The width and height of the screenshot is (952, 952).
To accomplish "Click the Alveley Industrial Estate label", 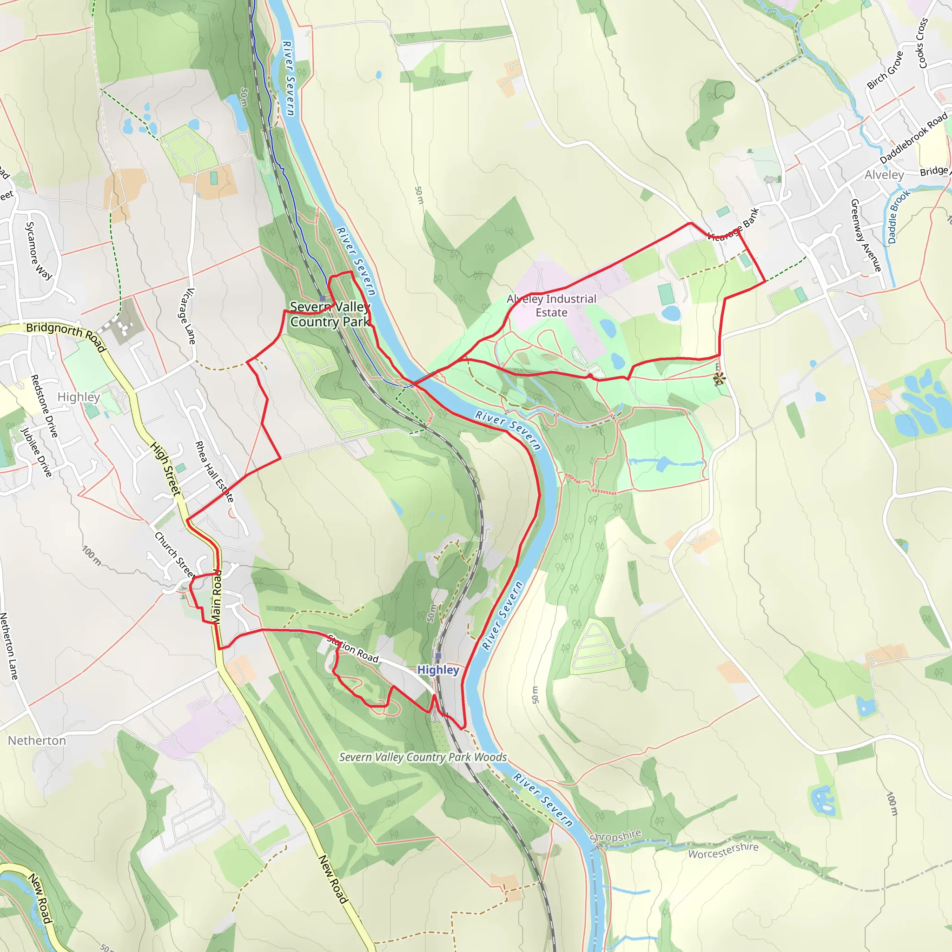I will click(551, 305).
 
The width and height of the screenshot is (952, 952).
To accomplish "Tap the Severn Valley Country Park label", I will click(330, 314).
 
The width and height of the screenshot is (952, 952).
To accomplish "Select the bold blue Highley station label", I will click(438, 670).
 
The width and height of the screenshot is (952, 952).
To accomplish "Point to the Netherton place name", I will click(37, 740).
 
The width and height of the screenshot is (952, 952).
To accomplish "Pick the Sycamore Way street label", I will click(39, 251).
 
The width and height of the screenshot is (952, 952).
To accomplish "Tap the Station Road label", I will click(353, 649).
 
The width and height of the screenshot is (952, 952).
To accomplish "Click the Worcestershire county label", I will click(723, 850).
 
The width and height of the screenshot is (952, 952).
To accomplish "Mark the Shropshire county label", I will click(615, 836).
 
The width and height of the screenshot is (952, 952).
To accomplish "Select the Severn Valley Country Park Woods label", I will click(423, 757).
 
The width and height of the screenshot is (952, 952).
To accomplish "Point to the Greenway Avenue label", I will click(865, 235).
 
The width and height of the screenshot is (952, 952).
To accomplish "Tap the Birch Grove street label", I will click(885, 71).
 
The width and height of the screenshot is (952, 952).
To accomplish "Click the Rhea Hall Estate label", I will click(214, 471).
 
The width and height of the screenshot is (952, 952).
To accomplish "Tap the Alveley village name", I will click(884, 175).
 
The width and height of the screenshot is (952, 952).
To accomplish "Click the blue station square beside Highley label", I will click(438, 656).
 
